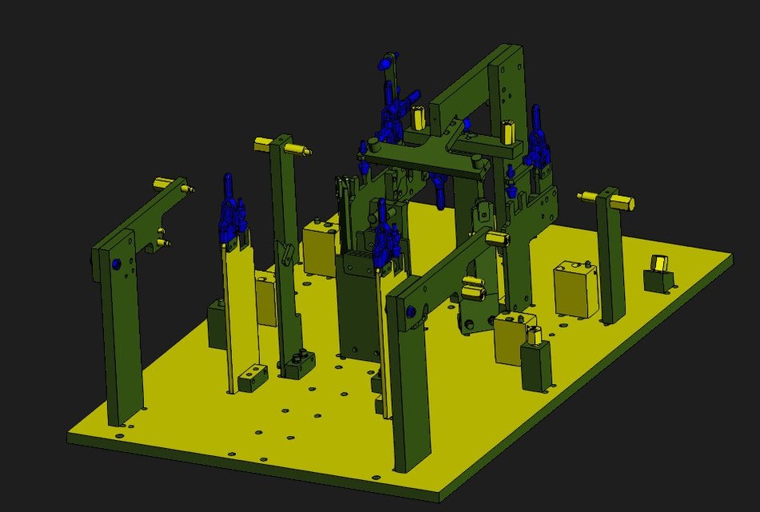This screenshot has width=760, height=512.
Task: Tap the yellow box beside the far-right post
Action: (x=576, y=289)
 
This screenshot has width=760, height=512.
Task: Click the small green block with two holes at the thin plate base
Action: (x=252, y=377)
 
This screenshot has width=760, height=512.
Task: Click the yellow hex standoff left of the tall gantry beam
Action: (x=418, y=118)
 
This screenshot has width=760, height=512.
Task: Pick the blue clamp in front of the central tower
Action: (x=385, y=236)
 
